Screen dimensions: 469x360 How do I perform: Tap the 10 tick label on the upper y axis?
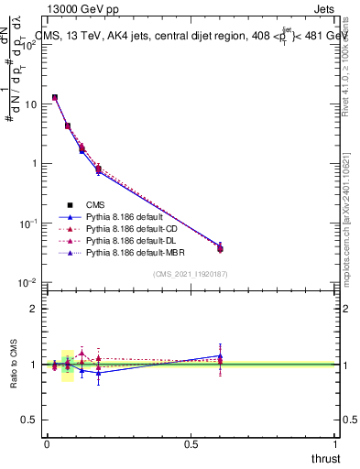pos(30,104)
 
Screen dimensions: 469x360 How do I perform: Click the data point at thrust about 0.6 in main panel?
pos(220,248)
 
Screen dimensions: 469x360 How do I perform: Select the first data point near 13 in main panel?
pos(55,97)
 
